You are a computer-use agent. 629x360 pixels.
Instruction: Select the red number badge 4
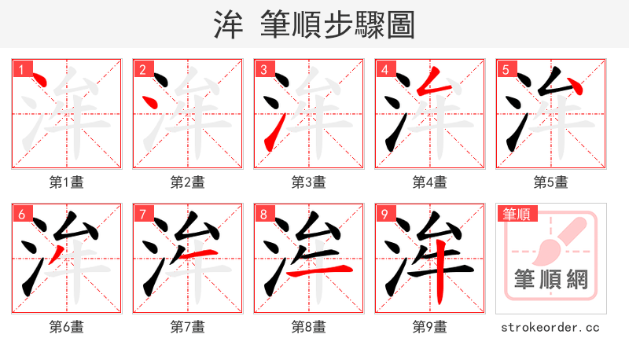tap(385, 69)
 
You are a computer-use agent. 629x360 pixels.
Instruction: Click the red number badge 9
tap(385, 214)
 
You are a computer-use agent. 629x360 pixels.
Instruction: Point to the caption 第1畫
tap(66, 182)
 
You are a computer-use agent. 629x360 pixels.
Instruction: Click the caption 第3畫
tap(308, 182)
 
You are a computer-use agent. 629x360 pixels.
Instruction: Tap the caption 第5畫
tap(550, 182)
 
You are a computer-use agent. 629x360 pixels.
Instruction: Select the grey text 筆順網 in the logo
tap(550, 279)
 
